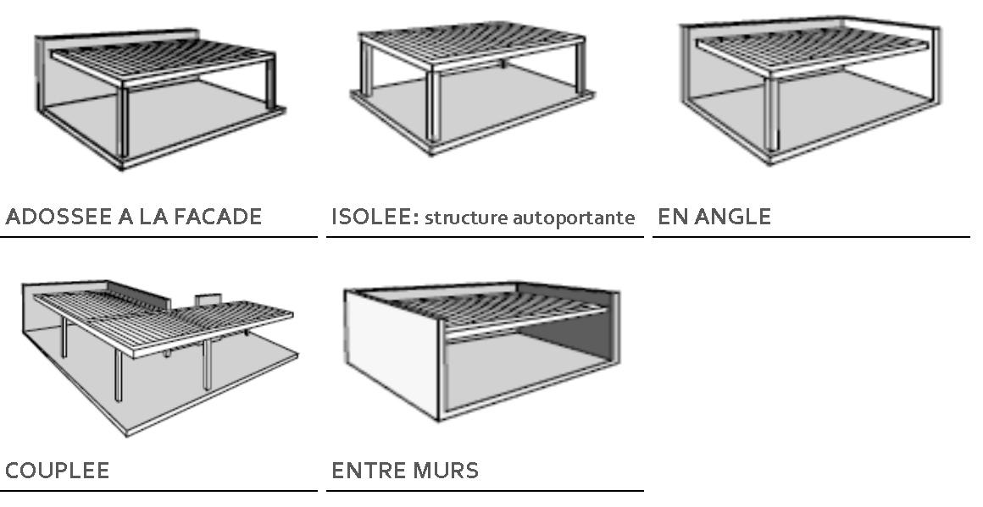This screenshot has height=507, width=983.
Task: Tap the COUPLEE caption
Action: coord(57,470)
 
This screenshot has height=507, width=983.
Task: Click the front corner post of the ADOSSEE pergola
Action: coord(123,122)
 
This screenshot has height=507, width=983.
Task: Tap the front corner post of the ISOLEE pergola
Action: coord(432,107)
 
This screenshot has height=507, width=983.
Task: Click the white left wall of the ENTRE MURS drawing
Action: coord(392,354)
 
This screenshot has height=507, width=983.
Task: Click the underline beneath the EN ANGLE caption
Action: coord(811,237)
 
